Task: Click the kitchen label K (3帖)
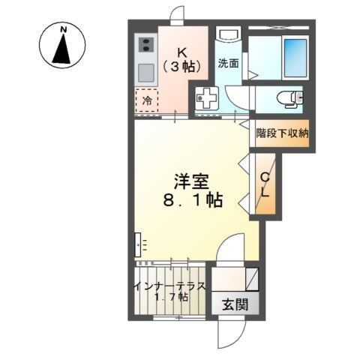point(182,59)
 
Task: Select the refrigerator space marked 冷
point(146,99)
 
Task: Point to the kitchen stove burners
point(145,46)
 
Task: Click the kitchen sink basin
point(145,73)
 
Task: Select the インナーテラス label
point(170,286)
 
